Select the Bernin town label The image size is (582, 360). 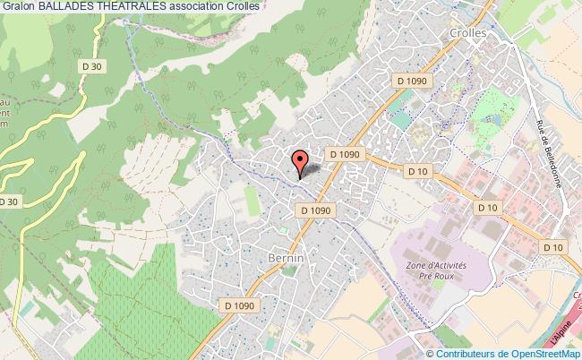pyautogui.click(x=287, y=257)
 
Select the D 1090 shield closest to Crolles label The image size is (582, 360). pyautogui.click(x=413, y=81)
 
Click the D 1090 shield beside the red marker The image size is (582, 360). pyautogui.click(x=343, y=154)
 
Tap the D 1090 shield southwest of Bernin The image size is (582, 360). pyautogui.click(x=236, y=305)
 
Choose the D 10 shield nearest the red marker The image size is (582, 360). pyautogui.click(x=417, y=170)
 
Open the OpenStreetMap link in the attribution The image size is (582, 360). pyautogui.click(x=543, y=353)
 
